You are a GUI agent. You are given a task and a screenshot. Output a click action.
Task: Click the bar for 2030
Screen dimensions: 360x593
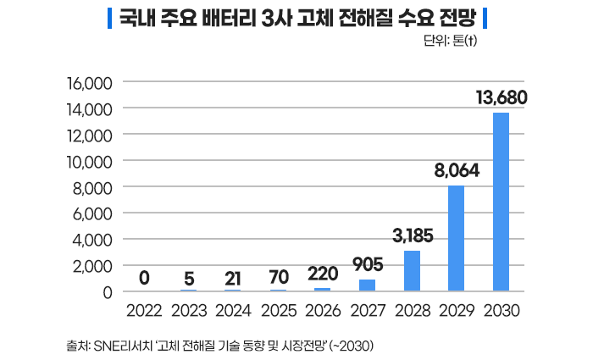(502, 202)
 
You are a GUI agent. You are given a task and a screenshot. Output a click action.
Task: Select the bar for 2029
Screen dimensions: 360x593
(457, 238)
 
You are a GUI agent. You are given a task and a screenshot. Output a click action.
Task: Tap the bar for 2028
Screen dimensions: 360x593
(413, 270)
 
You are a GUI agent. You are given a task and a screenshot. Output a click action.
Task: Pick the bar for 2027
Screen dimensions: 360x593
(368, 285)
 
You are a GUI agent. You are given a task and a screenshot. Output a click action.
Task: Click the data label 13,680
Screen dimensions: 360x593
(502, 98)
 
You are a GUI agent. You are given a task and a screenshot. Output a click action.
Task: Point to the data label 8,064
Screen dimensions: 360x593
(457, 170)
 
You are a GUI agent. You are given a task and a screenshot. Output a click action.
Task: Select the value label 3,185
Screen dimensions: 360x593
(413, 235)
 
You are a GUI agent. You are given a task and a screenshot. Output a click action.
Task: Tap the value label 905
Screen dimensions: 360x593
(368, 264)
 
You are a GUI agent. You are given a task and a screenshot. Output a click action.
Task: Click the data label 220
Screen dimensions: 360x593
(323, 274)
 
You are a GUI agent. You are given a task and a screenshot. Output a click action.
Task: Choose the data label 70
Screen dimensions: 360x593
(279, 276)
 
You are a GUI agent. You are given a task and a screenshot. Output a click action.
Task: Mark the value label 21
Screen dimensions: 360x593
(233, 276)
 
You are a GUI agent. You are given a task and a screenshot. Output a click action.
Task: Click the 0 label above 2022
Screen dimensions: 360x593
(145, 276)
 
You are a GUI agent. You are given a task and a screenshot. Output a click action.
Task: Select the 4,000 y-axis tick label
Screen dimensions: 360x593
(92, 240)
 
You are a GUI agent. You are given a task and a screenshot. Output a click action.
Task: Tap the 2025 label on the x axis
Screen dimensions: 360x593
(279, 309)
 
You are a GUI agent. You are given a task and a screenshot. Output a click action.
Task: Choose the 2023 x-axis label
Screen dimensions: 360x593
(189, 309)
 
